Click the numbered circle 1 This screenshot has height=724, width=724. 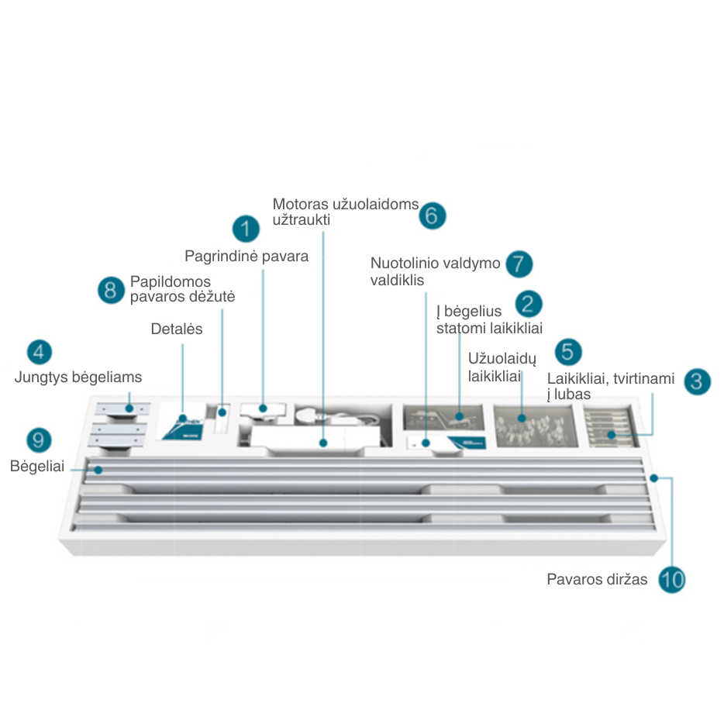[x=246, y=229]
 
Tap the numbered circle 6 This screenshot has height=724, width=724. [x=433, y=215]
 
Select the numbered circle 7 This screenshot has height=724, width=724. [x=519, y=264]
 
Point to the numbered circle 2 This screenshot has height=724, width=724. [x=528, y=304]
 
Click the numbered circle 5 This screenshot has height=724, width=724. [x=568, y=352]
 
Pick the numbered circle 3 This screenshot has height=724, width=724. [x=697, y=381]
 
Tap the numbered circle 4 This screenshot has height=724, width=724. [x=40, y=352]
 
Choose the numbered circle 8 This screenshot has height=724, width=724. [x=111, y=290]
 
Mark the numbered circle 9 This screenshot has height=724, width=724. [x=39, y=440]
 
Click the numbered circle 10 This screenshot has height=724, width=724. [x=672, y=580]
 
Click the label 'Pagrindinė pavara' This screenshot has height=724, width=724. [x=247, y=257]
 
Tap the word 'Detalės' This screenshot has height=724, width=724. [x=177, y=329]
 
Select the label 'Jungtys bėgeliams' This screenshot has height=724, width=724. [x=78, y=378]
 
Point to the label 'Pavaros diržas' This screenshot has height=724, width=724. [x=597, y=580]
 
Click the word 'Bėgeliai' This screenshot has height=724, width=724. [x=37, y=467]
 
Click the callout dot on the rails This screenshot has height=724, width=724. [x=98, y=470]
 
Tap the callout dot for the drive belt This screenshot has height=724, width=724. [x=653, y=478]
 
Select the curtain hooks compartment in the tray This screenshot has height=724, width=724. [x=536, y=426]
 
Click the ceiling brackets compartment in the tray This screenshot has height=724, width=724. [x=610, y=426]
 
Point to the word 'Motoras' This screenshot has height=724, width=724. [x=301, y=204]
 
